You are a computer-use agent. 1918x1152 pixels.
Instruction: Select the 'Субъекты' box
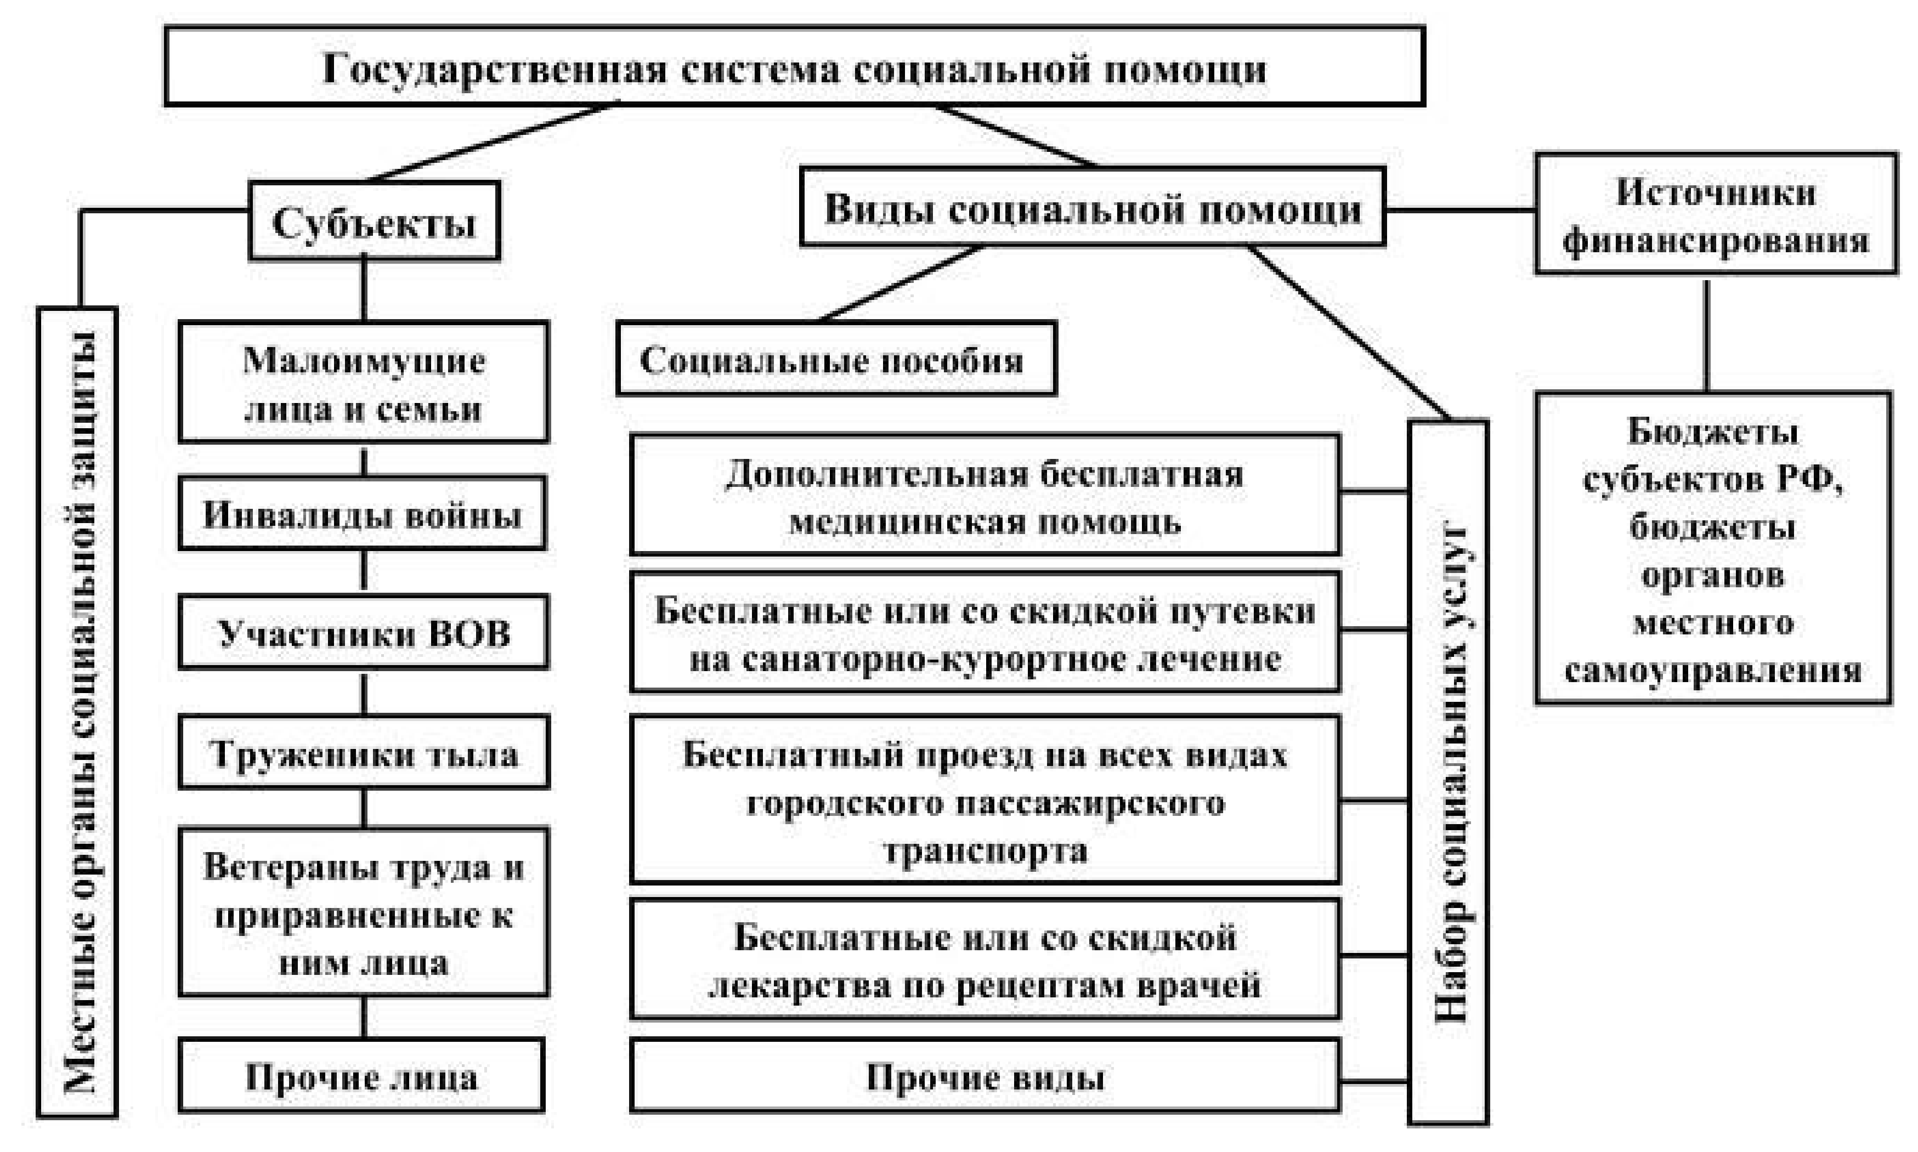(374, 221)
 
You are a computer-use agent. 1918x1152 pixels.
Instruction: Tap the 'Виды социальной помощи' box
(1093, 208)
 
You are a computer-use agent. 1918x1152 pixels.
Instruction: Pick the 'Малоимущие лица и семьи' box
(364, 383)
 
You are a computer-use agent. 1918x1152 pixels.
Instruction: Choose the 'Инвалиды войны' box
(362, 514)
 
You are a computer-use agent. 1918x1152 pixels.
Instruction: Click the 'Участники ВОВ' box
(364, 633)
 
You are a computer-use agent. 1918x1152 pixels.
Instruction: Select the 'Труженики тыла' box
(364, 753)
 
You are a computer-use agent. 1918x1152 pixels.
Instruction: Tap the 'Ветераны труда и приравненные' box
(364, 913)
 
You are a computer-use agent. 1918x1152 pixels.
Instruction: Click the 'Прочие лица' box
(362, 1077)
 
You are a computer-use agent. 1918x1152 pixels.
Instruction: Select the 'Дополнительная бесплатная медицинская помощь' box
(985, 495)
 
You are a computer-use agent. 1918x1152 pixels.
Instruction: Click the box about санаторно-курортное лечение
(985, 633)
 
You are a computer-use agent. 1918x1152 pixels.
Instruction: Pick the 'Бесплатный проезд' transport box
(985, 801)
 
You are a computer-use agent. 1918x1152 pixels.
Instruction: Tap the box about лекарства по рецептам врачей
(985, 960)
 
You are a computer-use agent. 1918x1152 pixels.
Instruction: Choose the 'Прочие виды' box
(985, 1077)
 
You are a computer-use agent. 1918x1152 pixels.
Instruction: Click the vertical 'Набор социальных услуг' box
(1448, 773)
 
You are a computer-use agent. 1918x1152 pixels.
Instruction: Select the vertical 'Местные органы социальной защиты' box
(78, 712)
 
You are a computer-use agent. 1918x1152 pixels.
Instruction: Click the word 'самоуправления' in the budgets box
(1713, 669)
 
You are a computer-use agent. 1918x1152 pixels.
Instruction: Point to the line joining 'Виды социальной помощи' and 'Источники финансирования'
(1461, 209)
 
